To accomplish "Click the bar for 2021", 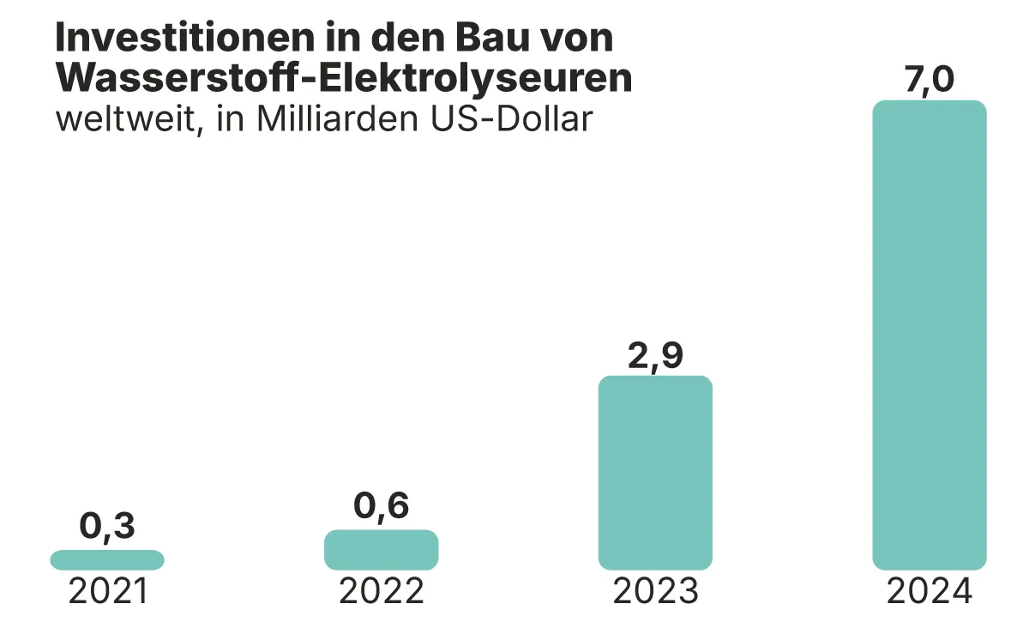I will point(107,560).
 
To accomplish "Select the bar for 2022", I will point(381,550).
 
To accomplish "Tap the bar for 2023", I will point(655,473).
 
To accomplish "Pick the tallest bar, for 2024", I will point(930,335).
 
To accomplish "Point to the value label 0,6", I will point(382,507).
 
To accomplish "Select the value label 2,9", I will point(655,354).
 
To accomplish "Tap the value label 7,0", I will point(930,79).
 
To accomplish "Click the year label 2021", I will point(108,592).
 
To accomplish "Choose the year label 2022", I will point(382,592).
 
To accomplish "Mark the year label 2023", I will point(656,592).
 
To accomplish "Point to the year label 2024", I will point(930,592).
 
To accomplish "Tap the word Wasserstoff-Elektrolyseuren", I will point(344,78).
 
